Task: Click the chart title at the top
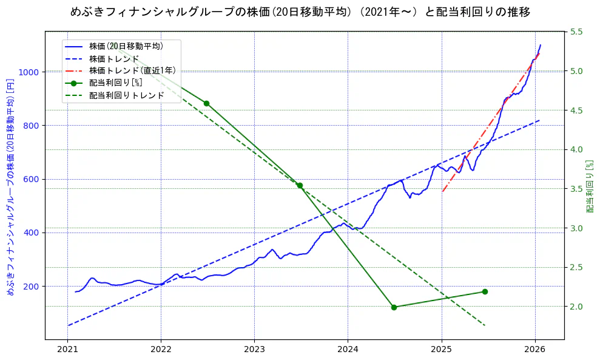[x=300, y=12]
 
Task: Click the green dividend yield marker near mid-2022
[x=206, y=103]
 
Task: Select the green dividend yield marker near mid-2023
[x=300, y=185]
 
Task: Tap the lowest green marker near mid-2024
[x=394, y=307]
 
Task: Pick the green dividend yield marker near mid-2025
[x=485, y=291]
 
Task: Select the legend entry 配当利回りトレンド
[x=126, y=95]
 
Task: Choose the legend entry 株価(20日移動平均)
[x=126, y=46]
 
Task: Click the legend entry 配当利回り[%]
[x=115, y=83]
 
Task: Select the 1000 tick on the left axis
[x=29, y=72]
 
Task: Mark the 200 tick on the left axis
[x=32, y=287]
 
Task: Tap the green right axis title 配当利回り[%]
[x=589, y=186]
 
